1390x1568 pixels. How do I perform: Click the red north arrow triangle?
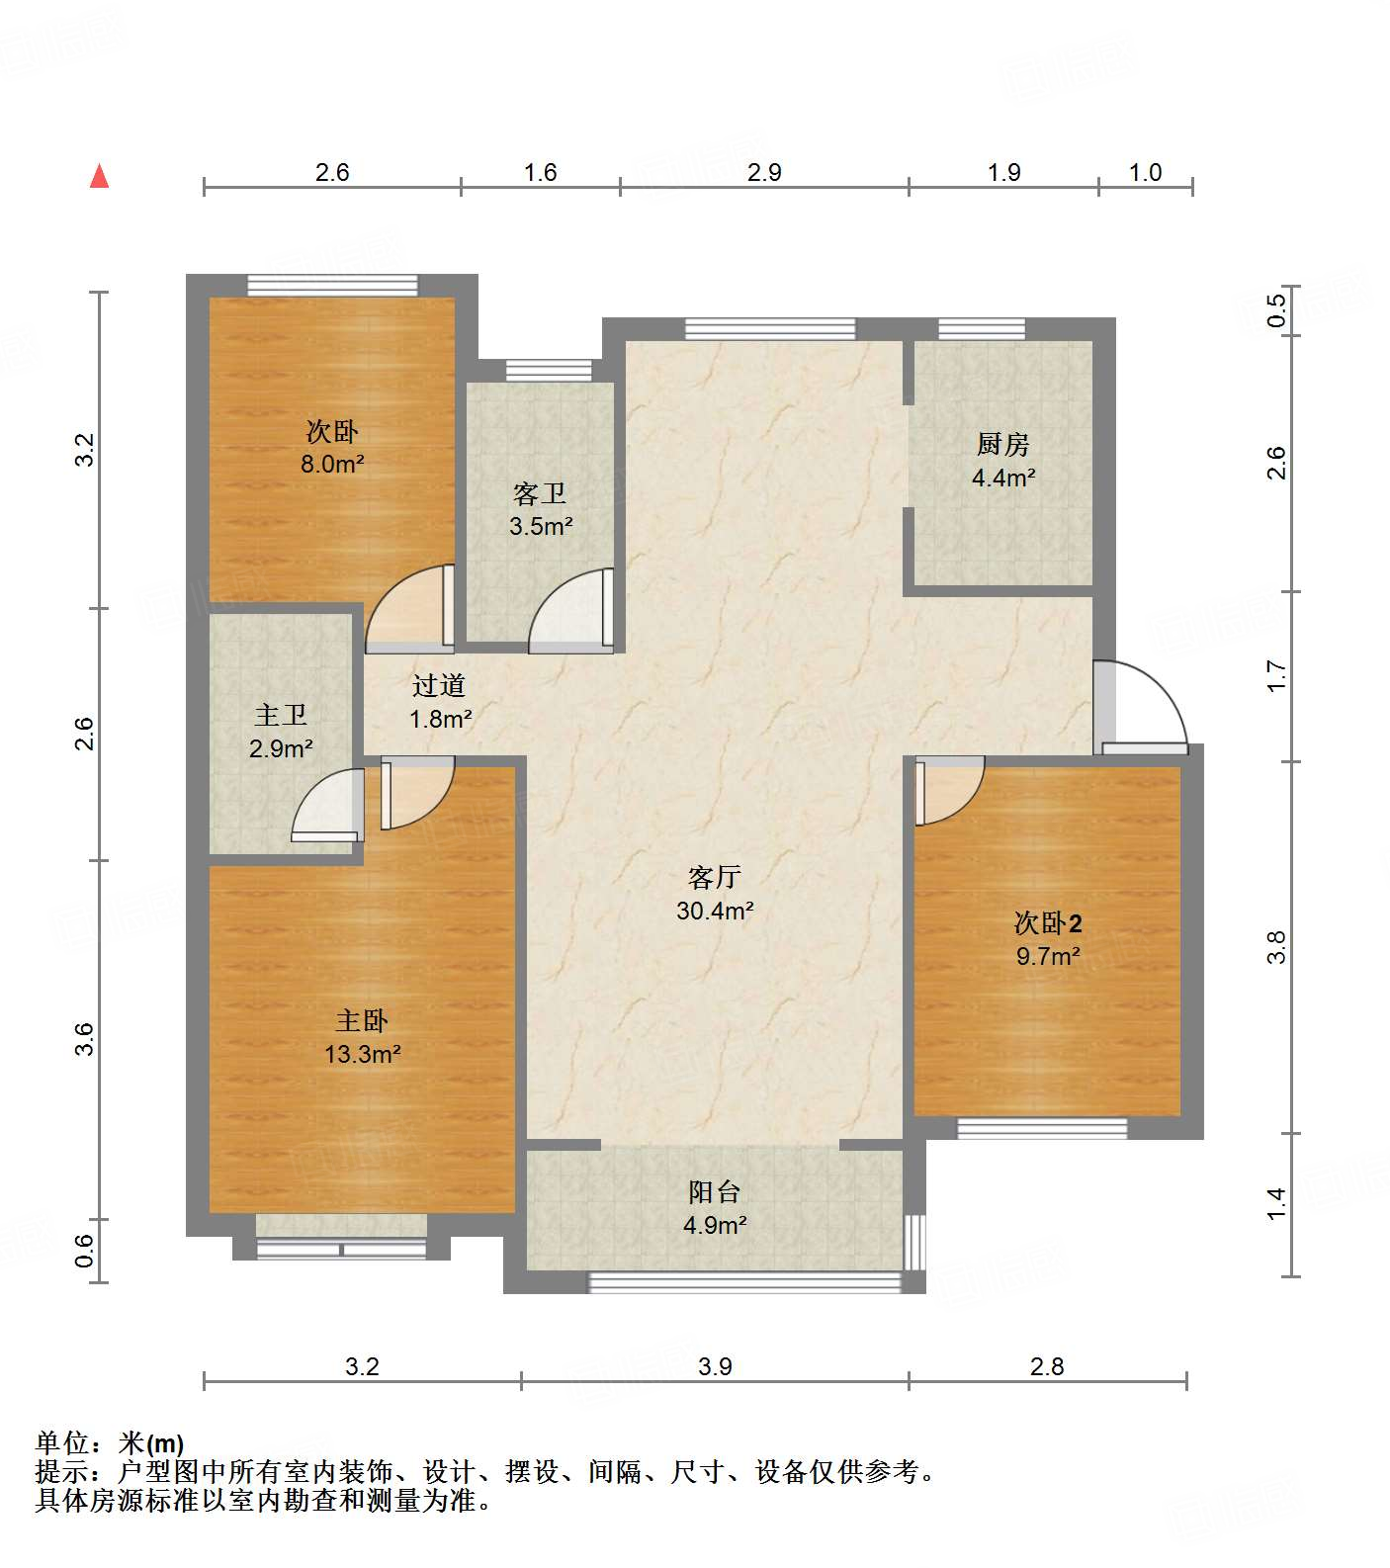coord(99,176)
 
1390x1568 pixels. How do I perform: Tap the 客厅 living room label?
coord(714,877)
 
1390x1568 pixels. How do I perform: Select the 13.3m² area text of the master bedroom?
coord(363,1055)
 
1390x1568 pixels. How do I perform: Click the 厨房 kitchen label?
coord(1003,444)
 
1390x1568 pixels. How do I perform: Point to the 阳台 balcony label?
coord(714,1191)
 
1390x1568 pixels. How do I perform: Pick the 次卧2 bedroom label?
coord(1048,923)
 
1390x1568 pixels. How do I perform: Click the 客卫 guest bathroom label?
coord(540,492)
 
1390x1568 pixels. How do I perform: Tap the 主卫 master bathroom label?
coord(281,715)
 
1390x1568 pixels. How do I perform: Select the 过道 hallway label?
coord(439,685)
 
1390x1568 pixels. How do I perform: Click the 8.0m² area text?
coord(333,464)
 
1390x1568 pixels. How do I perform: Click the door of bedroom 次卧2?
coord(949,790)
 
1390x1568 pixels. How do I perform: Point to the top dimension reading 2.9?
coord(764,173)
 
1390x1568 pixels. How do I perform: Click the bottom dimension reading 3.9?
coord(715,1367)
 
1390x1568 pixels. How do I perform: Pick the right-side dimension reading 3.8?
coord(1277,947)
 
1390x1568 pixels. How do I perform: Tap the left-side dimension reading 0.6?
coord(85,1251)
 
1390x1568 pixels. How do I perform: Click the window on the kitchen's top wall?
coord(982,328)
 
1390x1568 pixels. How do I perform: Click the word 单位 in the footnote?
coord(61,1444)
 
